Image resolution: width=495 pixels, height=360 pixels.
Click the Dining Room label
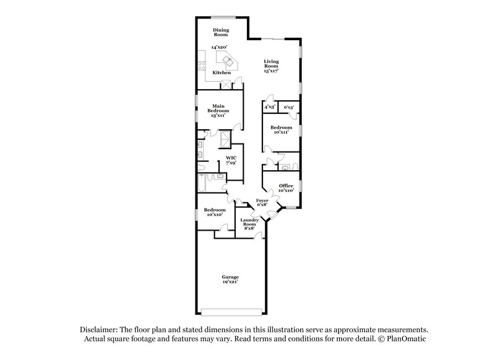click(x=220, y=32)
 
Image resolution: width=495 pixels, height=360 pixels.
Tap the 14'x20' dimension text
click(x=219, y=48)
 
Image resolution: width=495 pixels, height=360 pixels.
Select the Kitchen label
click(x=222, y=72)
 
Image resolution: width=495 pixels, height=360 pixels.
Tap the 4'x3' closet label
click(x=270, y=107)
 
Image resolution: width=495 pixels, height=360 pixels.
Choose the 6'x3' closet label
click(x=288, y=107)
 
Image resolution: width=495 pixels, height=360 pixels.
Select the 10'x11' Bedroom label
click(x=281, y=130)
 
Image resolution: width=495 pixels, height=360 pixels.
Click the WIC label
click(x=231, y=159)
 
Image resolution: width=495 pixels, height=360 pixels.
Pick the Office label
click(x=285, y=187)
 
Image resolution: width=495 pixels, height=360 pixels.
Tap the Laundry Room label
click(x=249, y=222)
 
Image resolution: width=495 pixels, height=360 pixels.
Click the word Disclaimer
click(x=99, y=331)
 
